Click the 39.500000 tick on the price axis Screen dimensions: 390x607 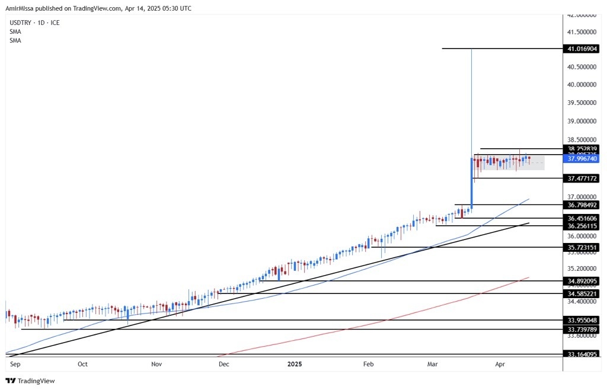point(580,103)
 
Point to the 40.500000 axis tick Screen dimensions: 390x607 point(580,67)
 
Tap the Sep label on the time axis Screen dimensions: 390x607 point(16,365)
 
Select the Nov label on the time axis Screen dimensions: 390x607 point(156,365)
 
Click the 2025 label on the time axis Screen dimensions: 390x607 point(295,365)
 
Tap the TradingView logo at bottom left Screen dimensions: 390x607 point(30,381)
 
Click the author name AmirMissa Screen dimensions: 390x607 point(21,8)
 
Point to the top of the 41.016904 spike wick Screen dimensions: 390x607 point(471,49)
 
